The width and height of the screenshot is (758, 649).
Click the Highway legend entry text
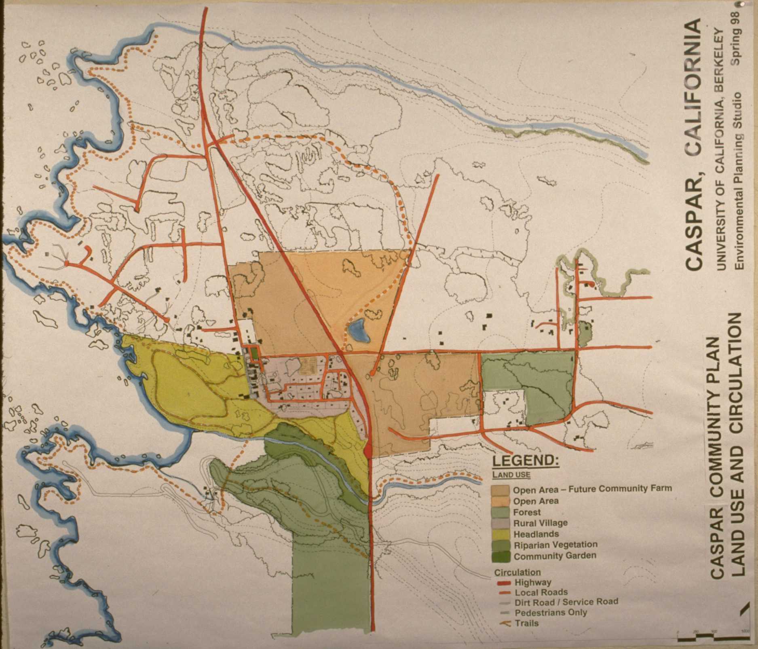pyautogui.click(x=533, y=583)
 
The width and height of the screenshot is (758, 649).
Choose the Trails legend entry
pyautogui.click(x=527, y=623)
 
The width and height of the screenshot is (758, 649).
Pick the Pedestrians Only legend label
pyautogui.click(x=551, y=613)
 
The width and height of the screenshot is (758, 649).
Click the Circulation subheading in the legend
pyautogui.click(x=517, y=572)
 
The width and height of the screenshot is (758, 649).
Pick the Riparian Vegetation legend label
pyautogui.click(x=555, y=545)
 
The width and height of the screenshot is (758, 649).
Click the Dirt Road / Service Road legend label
pyautogui.click(x=566, y=602)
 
